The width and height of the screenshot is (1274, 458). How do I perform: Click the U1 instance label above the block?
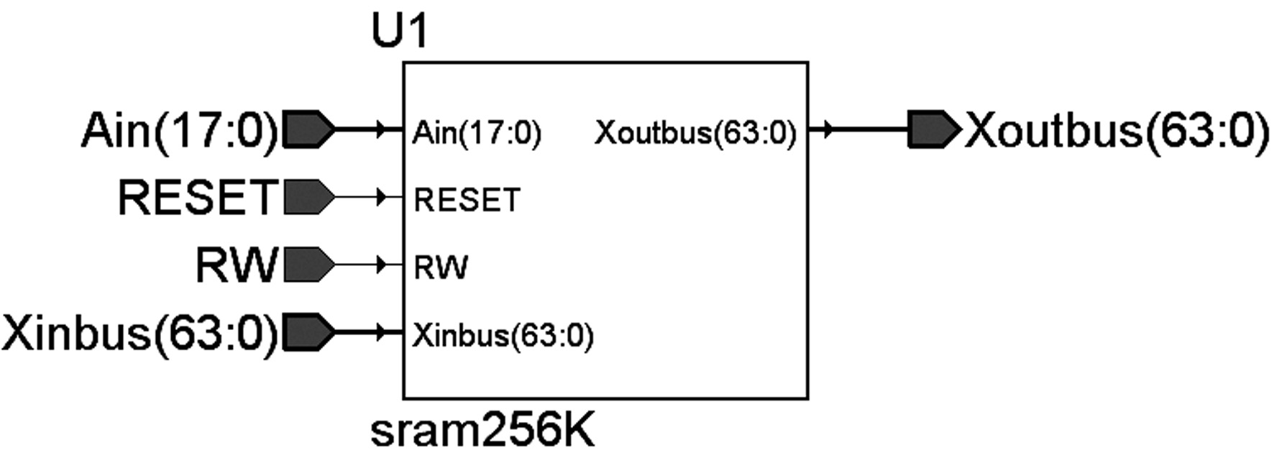point(400,31)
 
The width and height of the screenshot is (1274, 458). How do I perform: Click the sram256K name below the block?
point(482,431)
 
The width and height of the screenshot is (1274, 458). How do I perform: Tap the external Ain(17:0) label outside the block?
point(180,131)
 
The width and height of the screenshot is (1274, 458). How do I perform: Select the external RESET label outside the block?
point(197,197)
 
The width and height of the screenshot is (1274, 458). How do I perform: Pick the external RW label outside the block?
point(237,265)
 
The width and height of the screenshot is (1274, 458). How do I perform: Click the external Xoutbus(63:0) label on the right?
point(1117,131)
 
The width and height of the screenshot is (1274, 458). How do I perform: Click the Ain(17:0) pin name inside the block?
point(477,134)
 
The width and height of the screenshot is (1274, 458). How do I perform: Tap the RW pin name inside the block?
point(441,267)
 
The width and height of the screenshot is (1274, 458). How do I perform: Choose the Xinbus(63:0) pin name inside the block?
point(503,336)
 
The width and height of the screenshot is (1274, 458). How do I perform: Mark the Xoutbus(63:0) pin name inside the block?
point(696,134)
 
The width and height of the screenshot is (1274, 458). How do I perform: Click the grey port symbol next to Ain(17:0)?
point(309,129)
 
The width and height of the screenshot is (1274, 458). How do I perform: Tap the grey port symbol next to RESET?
point(309,197)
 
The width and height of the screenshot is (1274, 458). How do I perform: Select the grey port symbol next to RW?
point(309,265)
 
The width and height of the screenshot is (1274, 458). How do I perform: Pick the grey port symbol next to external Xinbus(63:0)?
point(309,332)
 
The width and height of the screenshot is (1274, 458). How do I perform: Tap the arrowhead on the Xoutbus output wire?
point(828,129)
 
